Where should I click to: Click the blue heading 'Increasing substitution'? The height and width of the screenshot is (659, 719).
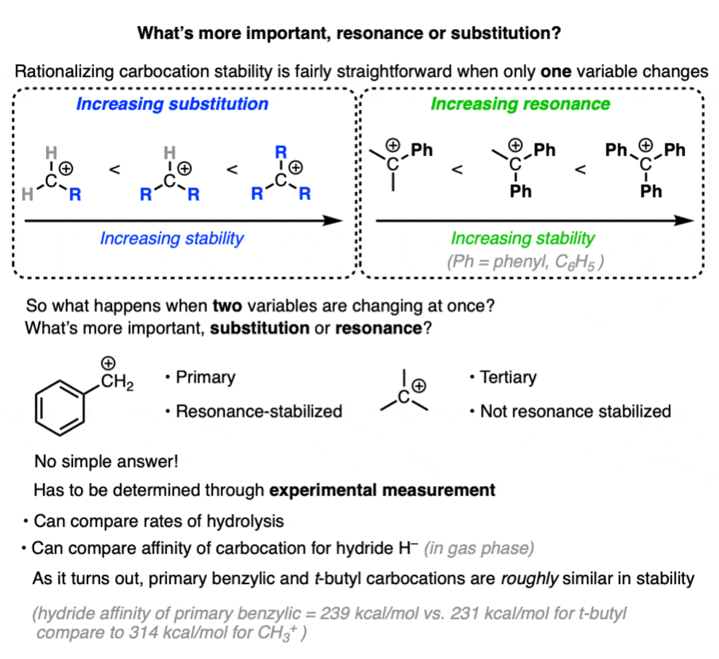coord(172,104)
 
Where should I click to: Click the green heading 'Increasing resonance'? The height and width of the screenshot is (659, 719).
coord(520,104)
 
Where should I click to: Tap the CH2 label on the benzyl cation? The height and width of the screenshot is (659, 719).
coord(117,381)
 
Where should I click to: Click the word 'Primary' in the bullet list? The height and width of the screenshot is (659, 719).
coord(206,377)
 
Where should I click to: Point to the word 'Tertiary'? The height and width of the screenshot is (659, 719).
coord(508,377)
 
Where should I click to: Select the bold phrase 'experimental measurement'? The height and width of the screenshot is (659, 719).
coord(382,490)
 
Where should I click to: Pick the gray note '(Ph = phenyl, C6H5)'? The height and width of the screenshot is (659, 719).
coord(525,262)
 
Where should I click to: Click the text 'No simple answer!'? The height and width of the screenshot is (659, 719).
coord(106,461)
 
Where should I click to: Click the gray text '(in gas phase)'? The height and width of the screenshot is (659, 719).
coord(479,548)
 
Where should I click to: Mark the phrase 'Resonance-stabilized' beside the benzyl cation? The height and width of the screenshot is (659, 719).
coord(259,411)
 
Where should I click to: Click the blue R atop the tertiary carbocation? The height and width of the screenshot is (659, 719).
coord(280,152)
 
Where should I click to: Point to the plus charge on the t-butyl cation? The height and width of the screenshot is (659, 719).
coord(419,386)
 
